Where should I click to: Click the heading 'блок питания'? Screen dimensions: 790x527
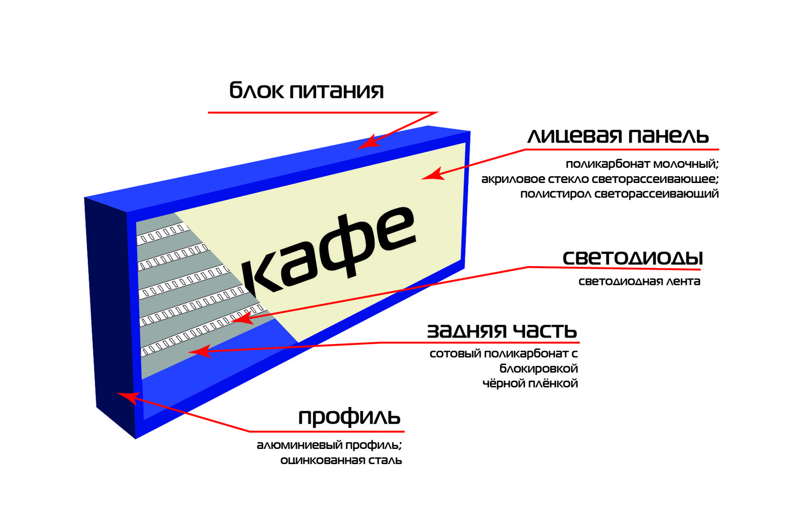(x=306, y=90)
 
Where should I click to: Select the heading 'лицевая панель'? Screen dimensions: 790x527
(x=618, y=136)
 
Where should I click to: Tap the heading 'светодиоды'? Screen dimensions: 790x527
(x=632, y=258)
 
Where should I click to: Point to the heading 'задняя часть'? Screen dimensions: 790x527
(x=502, y=331)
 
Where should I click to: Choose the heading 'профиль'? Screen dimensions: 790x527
(x=350, y=418)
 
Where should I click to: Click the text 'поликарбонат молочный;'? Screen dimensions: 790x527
(x=642, y=164)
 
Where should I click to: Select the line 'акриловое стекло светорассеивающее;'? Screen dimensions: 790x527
(x=600, y=179)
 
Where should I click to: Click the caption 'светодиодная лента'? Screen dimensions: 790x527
(x=639, y=282)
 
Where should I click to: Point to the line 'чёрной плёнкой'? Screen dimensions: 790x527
(x=530, y=384)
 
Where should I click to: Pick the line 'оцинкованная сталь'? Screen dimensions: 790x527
(x=341, y=460)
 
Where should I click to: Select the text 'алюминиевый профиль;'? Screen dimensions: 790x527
(x=329, y=446)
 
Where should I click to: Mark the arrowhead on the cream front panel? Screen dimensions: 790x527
(x=432, y=174)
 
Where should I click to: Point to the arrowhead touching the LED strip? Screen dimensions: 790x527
(x=243, y=318)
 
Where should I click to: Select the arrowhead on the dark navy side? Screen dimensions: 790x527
(x=128, y=398)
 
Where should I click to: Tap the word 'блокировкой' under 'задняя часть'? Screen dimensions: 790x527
(x=538, y=369)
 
